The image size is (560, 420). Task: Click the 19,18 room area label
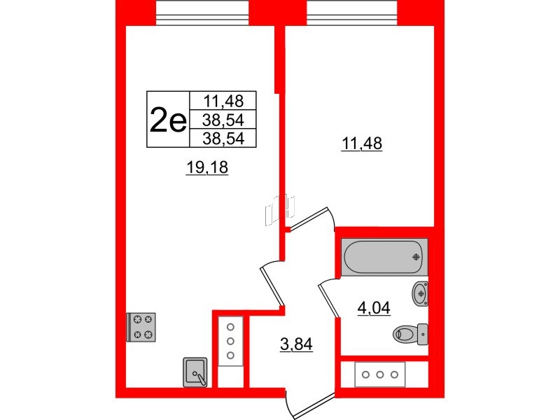coord(206,167)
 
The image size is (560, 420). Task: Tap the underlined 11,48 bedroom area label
coord(362,144)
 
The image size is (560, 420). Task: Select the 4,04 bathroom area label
coord(374,308)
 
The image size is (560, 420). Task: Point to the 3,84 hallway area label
coord(296,344)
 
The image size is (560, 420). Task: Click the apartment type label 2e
coord(168,119)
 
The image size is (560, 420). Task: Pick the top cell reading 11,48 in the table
coord(223,101)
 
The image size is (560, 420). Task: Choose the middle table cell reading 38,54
coord(223,120)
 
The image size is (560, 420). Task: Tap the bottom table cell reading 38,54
coord(223,138)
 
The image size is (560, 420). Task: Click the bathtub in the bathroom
coord(384,257)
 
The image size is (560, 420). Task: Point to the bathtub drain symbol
coord(416,257)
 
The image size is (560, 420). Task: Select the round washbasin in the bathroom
coord(421,293)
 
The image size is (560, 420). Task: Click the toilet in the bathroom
coord(410,335)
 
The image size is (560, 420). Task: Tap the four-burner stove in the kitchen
coord(141,327)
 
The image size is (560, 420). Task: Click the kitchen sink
coord(195,372)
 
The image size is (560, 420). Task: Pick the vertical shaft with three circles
coord(230,341)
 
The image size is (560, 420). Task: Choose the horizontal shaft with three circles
coord(380,374)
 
